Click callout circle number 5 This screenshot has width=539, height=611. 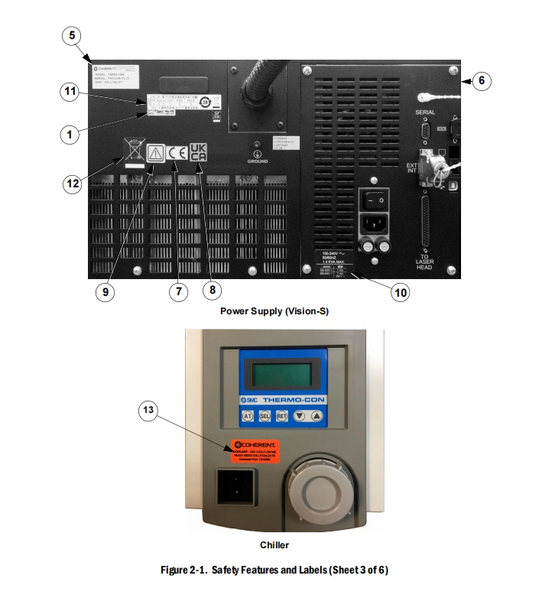pyautogui.click(x=72, y=35)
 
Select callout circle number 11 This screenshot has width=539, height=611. pyautogui.click(x=70, y=92)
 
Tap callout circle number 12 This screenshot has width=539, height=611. pyautogui.click(x=72, y=184)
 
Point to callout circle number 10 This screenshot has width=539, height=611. pyautogui.click(x=400, y=292)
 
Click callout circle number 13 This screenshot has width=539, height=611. pyautogui.click(x=150, y=411)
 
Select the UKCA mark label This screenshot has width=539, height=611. pyautogui.click(x=198, y=151)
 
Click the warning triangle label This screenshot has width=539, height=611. pyautogui.click(x=155, y=152)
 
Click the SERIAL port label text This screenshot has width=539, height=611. pyautogui.click(x=425, y=112)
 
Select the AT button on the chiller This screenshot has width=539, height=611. pyautogui.click(x=248, y=416)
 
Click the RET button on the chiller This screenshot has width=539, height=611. pyautogui.click(x=281, y=416)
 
